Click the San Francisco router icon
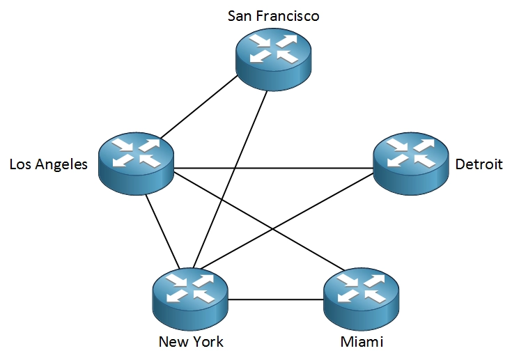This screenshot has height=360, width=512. [273, 58]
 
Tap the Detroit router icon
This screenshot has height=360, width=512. [411, 164]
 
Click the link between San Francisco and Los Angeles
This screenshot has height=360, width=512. [199, 109]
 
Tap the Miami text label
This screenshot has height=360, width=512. [362, 341]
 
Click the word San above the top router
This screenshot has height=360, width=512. [240, 15]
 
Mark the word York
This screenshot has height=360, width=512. [208, 341]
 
